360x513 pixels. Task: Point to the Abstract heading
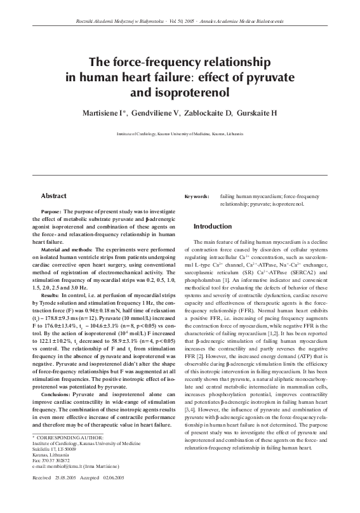click(x=54, y=196)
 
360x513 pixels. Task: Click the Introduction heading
click(x=212, y=226)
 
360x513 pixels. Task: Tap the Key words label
click(x=196, y=197)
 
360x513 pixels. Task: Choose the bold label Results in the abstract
click(x=50, y=296)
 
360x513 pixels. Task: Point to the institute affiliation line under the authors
click(x=180, y=135)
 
